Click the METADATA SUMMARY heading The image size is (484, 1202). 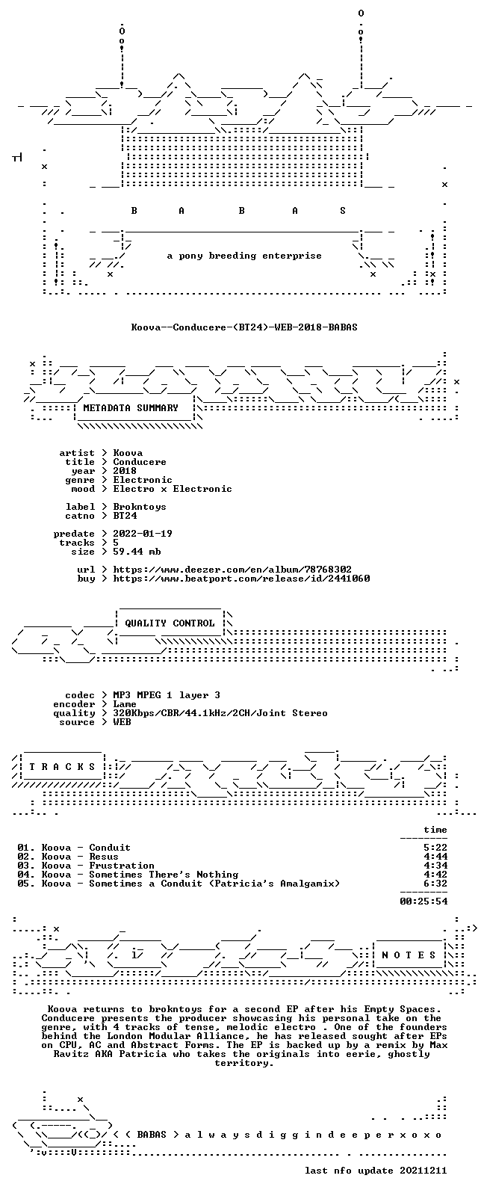tap(130, 408)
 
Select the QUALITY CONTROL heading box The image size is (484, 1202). tap(170, 623)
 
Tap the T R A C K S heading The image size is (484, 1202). tap(62, 767)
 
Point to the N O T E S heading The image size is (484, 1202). tap(409, 955)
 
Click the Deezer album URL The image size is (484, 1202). tap(232, 570)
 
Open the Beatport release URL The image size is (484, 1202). tap(241, 579)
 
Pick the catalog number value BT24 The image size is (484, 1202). tap(125, 516)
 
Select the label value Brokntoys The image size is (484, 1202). tap(140, 507)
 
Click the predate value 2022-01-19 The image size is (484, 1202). tap(143, 534)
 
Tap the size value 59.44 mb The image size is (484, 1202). tap(137, 552)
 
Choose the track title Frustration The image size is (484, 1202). tap(122, 866)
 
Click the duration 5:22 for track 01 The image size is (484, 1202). tap(435, 848)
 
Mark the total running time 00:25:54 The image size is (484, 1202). tap(423, 901)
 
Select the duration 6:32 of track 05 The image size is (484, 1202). tap(435, 884)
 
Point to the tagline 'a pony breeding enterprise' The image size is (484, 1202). tap(244, 256)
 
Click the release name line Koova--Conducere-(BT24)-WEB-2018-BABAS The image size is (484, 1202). tap(244, 327)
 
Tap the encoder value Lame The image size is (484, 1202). tap(125, 704)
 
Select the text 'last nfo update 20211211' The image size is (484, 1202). tap(376, 1171)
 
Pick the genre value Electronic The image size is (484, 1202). tap(143, 480)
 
